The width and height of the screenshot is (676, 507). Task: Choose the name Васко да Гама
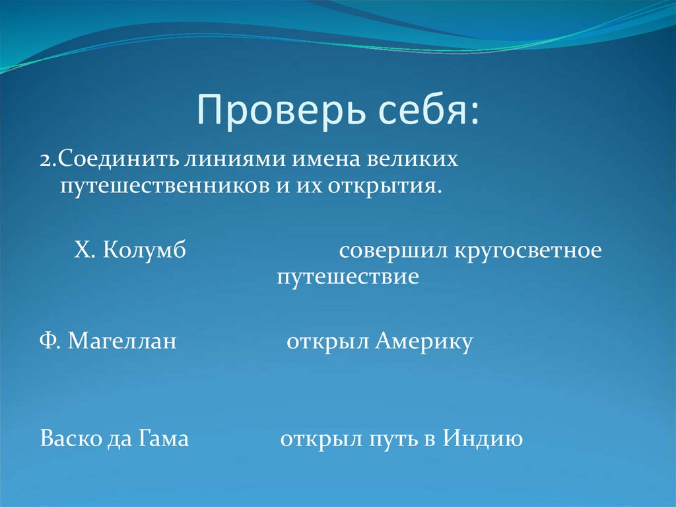[114, 438]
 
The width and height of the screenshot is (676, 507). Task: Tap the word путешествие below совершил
[348, 276]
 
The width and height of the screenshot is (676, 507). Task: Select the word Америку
[424, 342]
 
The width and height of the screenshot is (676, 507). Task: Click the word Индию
[483, 438]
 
